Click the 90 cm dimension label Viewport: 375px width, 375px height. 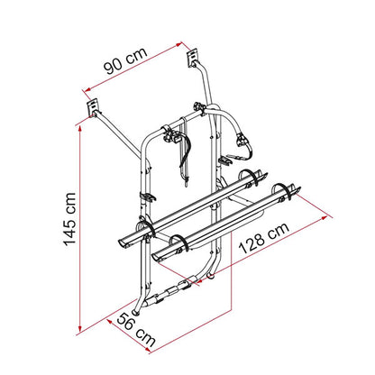click(x=125, y=60)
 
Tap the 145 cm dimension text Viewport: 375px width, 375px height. click(x=69, y=219)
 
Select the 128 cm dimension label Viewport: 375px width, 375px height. click(x=264, y=238)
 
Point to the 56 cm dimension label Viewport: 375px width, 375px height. click(x=136, y=330)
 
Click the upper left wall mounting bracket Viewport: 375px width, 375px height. click(x=93, y=108)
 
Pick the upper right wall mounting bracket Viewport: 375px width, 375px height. click(x=192, y=58)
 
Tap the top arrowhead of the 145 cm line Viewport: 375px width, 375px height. click(x=80, y=128)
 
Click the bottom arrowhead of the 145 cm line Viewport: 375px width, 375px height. click(x=80, y=329)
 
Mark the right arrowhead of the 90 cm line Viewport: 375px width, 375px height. click(x=179, y=44)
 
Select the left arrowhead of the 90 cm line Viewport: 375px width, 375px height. click(x=88, y=89)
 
